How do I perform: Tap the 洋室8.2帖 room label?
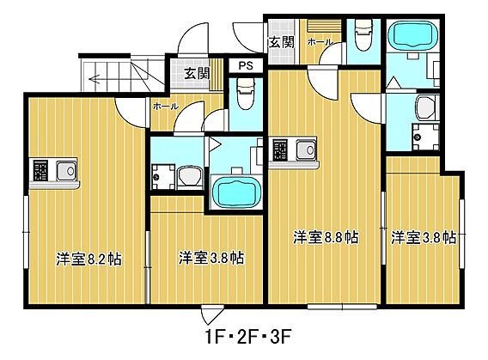88,258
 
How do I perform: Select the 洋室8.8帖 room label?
326,237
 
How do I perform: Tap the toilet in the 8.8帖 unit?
362,34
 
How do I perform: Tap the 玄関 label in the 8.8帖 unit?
282,41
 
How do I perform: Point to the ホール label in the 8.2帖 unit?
165,107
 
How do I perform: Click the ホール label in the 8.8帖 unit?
320,41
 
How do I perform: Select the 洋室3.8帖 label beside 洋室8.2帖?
210,258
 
